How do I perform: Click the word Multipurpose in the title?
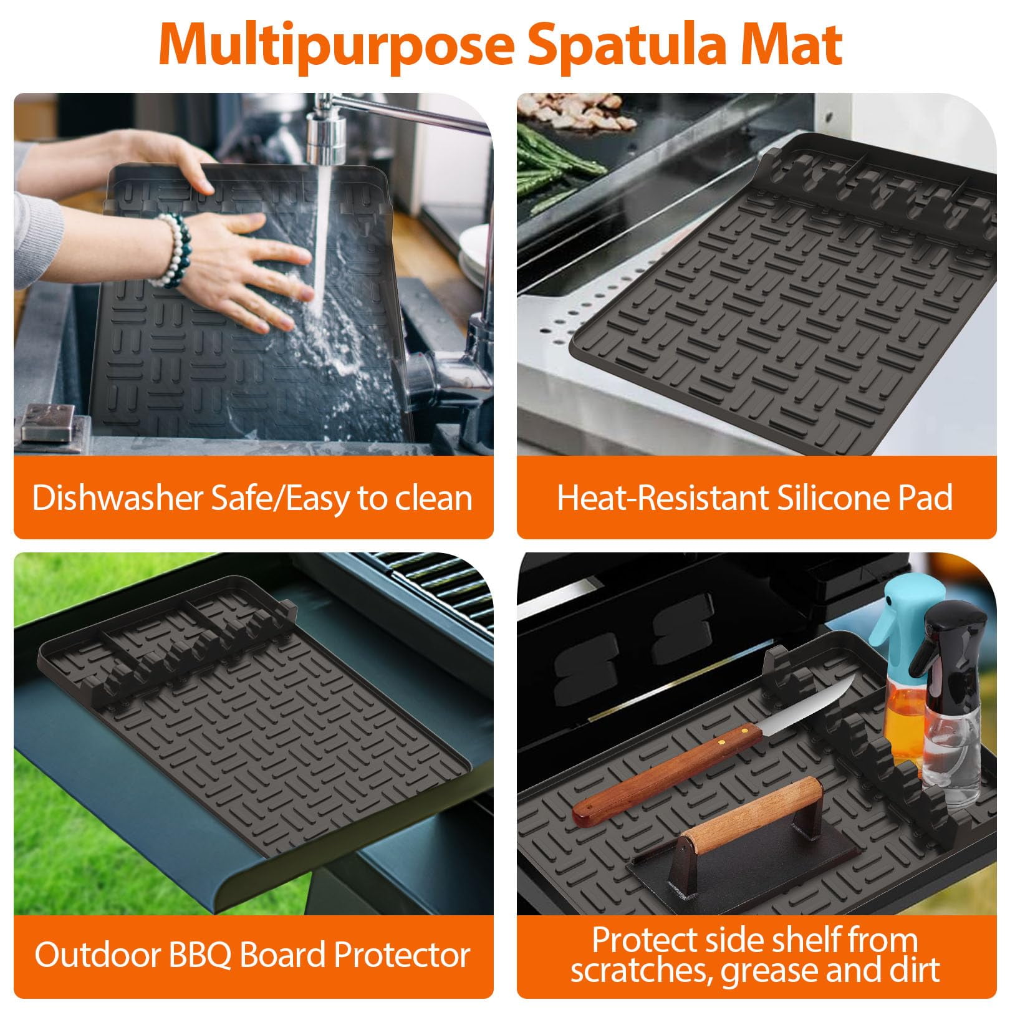[336, 45]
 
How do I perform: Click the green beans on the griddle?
[555, 162]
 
